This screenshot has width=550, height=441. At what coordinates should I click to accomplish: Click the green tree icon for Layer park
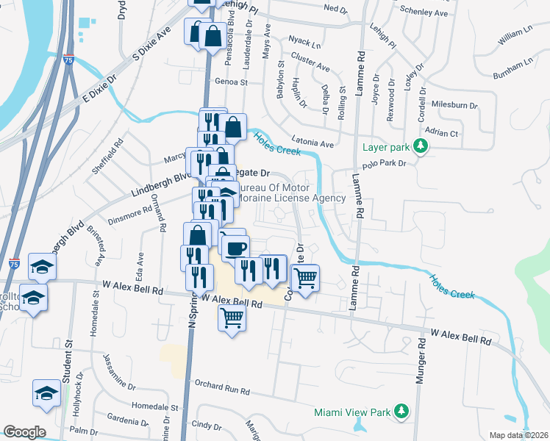[421, 146]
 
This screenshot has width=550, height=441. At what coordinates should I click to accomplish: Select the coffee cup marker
[235, 248]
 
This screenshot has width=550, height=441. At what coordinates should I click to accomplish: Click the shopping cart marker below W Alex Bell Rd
[232, 318]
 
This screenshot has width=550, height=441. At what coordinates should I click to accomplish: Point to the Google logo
[24, 432]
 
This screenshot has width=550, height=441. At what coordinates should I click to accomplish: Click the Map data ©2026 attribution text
[519, 435]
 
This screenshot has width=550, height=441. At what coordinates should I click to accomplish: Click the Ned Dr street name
[335, 9]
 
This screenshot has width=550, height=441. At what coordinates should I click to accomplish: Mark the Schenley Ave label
[424, 12]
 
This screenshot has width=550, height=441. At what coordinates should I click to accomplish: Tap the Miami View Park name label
[351, 412]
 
